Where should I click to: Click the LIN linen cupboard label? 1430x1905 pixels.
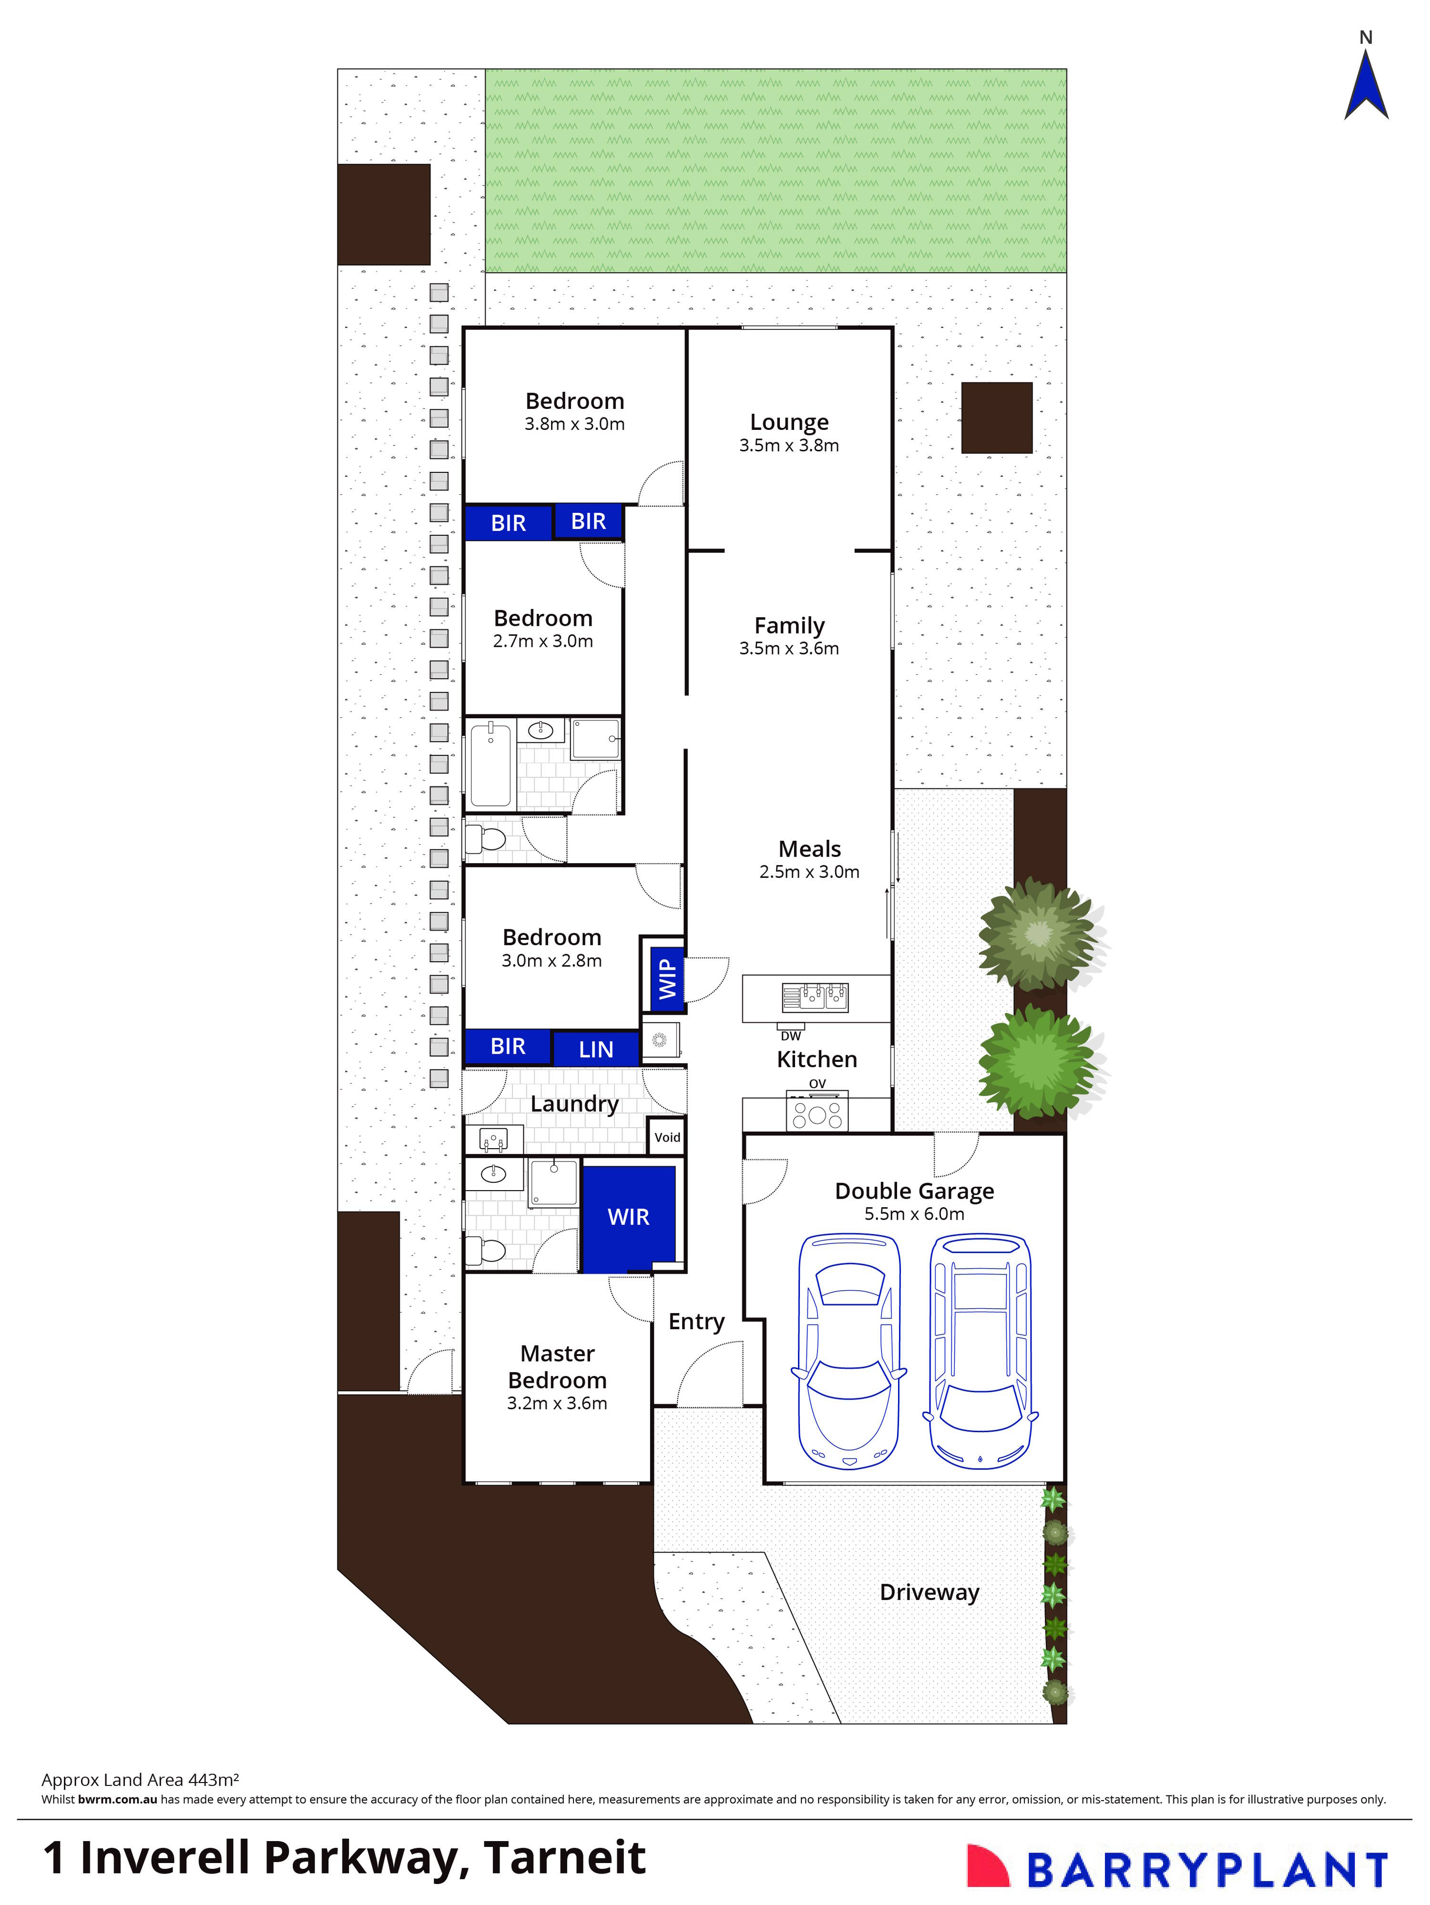pyautogui.click(x=596, y=1049)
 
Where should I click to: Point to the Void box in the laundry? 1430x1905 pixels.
pyautogui.click(x=667, y=1137)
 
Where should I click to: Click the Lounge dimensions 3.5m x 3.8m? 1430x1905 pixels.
pyautogui.click(x=788, y=445)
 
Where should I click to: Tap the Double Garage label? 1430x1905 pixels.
pyautogui.click(x=914, y=1191)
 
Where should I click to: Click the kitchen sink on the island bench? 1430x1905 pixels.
pyautogui.click(x=815, y=997)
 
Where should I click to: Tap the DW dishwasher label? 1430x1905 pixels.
pyautogui.click(x=791, y=1036)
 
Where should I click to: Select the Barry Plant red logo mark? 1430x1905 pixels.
pyautogui.click(x=987, y=1865)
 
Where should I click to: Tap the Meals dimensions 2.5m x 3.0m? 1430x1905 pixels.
pyautogui.click(x=809, y=872)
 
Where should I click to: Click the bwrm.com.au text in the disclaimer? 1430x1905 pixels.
pyautogui.click(x=117, y=1799)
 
